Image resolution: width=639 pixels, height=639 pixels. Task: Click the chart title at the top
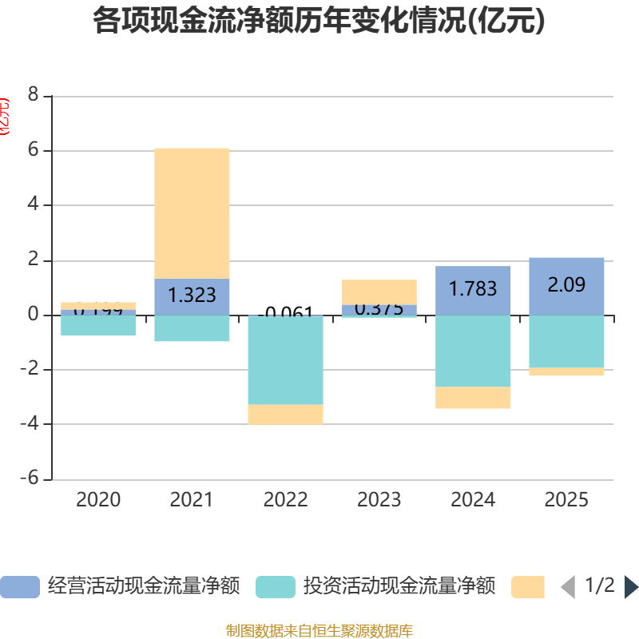pyautogui.click(x=319, y=21)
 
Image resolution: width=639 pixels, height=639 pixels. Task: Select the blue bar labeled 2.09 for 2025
pyautogui.click(x=566, y=286)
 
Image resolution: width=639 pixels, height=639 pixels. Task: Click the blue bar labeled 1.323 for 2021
pyautogui.click(x=192, y=296)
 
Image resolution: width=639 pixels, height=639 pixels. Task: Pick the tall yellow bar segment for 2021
pyautogui.click(x=192, y=213)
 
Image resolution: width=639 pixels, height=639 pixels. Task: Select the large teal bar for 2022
pyautogui.click(x=285, y=359)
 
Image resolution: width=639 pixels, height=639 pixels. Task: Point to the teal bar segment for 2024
pyautogui.click(x=473, y=351)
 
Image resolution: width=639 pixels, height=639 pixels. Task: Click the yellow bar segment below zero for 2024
pyautogui.click(x=473, y=398)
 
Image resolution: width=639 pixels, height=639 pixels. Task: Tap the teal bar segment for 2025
pyautogui.click(x=566, y=341)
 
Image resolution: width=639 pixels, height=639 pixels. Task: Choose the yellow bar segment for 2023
pyautogui.click(x=379, y=292)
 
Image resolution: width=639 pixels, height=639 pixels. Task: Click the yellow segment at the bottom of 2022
pyautogui.click(x=285, y=415)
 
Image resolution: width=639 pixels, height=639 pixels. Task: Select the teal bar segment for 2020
pyautogui.click(x=98, y=325)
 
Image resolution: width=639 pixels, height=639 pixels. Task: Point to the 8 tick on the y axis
pyautogui.click(x=33, y=95)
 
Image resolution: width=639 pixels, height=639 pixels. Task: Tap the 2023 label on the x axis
pyautogui.click(x=379, y=500)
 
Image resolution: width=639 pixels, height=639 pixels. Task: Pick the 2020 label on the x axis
pyautogui.click(x=98, y=500)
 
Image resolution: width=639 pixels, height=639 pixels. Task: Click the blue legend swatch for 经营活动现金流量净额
pyautogui.click(x=19, y=587)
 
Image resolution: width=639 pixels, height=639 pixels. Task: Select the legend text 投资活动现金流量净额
pyautogui.click(x=399, y=587)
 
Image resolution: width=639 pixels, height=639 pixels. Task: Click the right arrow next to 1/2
pyautogui.click(x=631, y=587)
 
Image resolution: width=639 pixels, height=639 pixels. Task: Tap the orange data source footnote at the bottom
pyautogui.click(x=319, y=631)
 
